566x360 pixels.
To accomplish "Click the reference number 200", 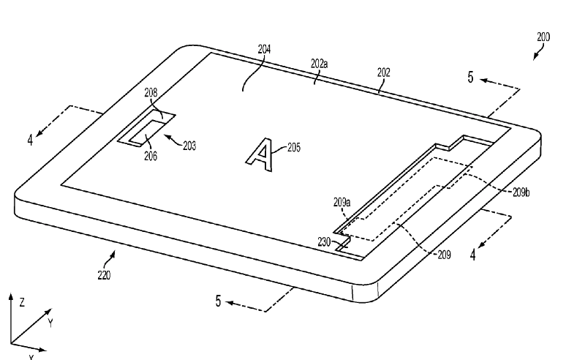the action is click(543, 37).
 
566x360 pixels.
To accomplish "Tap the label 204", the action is click(264, 49).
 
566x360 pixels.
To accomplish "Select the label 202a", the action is click(319, 64).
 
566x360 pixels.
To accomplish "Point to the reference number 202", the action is click(384, 72).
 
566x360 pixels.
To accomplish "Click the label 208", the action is click(151, 93).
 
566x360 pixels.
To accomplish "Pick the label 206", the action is click(151, 156).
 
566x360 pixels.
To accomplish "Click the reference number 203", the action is click(189, 146).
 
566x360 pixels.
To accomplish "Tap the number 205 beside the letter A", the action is click(294, 148).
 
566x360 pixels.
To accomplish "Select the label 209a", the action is click(342, 202).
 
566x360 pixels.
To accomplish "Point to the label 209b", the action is click(521, 193).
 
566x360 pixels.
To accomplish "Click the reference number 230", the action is click(324, 242).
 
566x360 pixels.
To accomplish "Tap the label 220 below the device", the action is click(104, 276).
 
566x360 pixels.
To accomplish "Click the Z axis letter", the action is click(22, 302).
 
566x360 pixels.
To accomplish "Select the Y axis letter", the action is click(51, 323).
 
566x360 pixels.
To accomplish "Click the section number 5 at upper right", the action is click(470, 78).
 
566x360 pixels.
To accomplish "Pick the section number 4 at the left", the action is click(30, 140).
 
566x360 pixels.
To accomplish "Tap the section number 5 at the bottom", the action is click(218, 301).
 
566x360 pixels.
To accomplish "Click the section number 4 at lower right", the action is click(473, 255).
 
